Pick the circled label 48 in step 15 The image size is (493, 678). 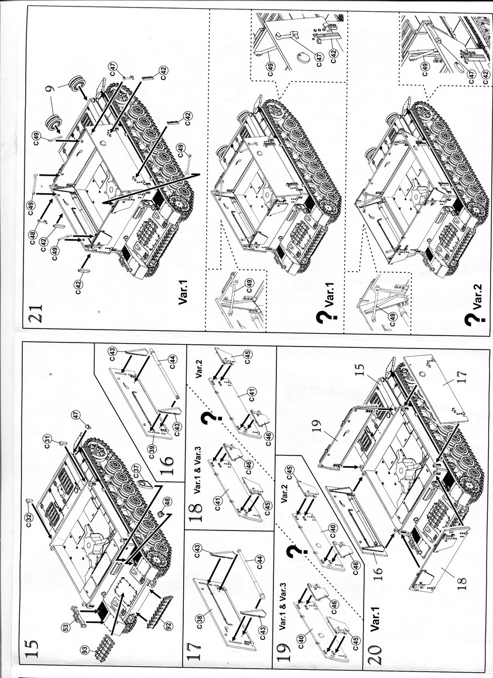(x=167, y=501)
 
